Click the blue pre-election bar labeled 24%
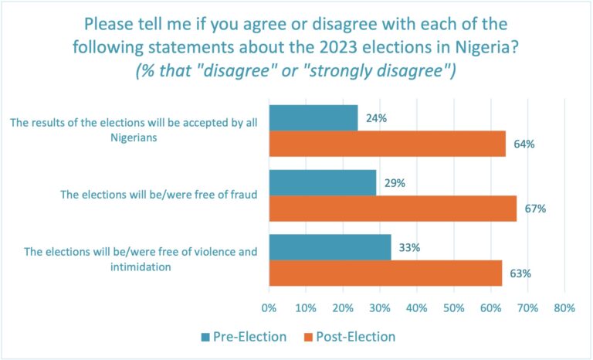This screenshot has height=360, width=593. pos(313,118)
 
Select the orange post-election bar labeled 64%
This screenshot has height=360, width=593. pos(387,144)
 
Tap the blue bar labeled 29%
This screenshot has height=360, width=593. pos(322,182)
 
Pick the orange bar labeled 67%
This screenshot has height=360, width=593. pos(392,208)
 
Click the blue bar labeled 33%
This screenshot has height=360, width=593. pos(330,247)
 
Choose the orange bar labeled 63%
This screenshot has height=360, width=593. pos(385,273)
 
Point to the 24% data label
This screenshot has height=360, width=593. pos(377,119)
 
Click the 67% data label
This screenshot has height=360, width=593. pos(536,209)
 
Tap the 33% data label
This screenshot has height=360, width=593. pos(410,247)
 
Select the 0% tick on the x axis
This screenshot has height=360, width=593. pos(269,308)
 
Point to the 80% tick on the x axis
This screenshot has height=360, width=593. pos(564,308)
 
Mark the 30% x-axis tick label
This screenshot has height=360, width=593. pos(380,308)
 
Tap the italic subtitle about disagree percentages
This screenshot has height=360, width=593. pos(296,72)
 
